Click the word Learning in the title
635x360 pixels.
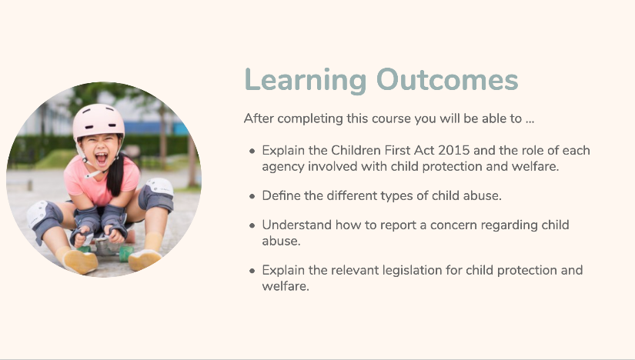tap(306, 81)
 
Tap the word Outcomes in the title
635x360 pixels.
tap(447, 79)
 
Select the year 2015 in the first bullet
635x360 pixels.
tap(453, 150)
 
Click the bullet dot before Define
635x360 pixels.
tap(252, 196)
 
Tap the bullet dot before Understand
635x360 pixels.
tap(252, 225)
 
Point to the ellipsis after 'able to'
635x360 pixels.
tap(530, 122)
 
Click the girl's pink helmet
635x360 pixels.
tap(99, 120)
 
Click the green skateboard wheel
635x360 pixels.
tap(125, 253)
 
